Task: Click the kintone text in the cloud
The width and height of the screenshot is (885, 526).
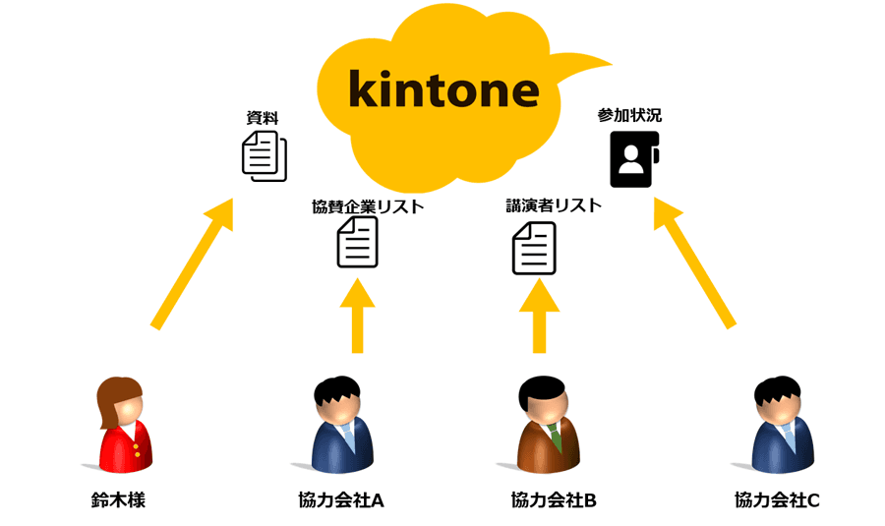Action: (443, 89)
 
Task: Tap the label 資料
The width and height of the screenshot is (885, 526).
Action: (263, 118)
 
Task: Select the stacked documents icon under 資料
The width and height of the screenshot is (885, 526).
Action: (265, 156)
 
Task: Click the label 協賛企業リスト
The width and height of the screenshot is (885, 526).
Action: (368, 206)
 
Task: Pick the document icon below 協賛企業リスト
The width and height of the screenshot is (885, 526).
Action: (357, 243)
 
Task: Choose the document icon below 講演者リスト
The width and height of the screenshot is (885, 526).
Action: (534, 248)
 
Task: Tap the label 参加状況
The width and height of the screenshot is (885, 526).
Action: (629, 115)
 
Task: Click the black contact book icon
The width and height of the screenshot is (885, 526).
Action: (633, 158)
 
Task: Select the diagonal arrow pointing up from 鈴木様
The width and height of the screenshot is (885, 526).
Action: (193, 263)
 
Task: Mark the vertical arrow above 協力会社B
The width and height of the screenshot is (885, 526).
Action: (539, 315)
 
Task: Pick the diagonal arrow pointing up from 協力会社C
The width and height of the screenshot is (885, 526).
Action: (694, 262)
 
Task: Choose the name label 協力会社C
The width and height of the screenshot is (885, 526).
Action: (777, 499)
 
